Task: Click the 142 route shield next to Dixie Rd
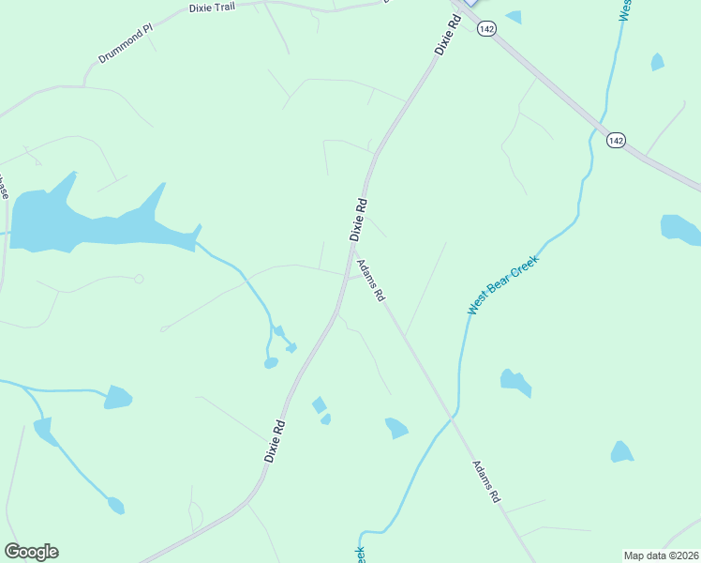coord(485,30)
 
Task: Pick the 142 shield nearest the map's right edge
coord(615,140)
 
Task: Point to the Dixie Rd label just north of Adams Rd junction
coord(358,219)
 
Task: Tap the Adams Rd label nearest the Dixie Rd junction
coord(372,281)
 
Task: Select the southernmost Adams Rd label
coord(485,481)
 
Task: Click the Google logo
coord(31,551)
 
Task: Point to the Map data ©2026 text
coord(660,555)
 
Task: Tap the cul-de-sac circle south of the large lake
coord(139,279)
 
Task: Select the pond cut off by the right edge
coord(679,229)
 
